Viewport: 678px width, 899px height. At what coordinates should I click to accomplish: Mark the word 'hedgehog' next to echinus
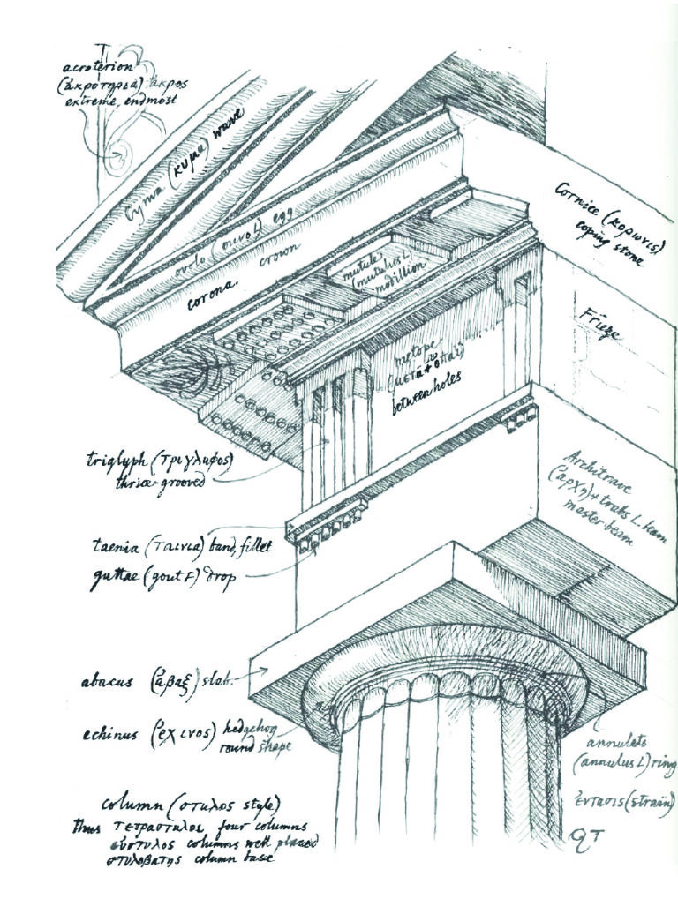click(x=258, y=722)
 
